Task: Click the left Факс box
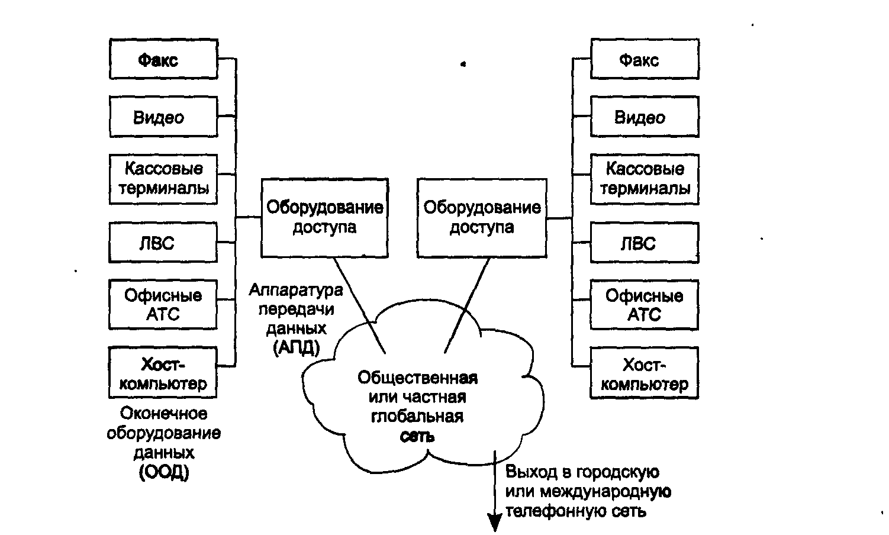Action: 163,59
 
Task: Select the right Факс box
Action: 645,59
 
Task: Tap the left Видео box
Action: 163,117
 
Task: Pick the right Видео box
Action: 645,117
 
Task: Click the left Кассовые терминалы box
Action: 163,179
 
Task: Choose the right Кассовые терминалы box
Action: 645,179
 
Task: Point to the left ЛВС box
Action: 163,243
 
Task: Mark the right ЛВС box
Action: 645,243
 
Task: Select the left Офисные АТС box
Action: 163,304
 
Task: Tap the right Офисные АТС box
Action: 645,304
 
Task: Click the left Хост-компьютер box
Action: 163,373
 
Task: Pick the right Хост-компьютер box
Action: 645,373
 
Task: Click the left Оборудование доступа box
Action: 324,217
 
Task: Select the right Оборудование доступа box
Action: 481,217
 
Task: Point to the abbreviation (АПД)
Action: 297,348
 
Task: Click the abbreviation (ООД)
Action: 164,472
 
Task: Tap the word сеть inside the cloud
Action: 417,437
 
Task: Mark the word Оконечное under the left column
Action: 164,413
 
